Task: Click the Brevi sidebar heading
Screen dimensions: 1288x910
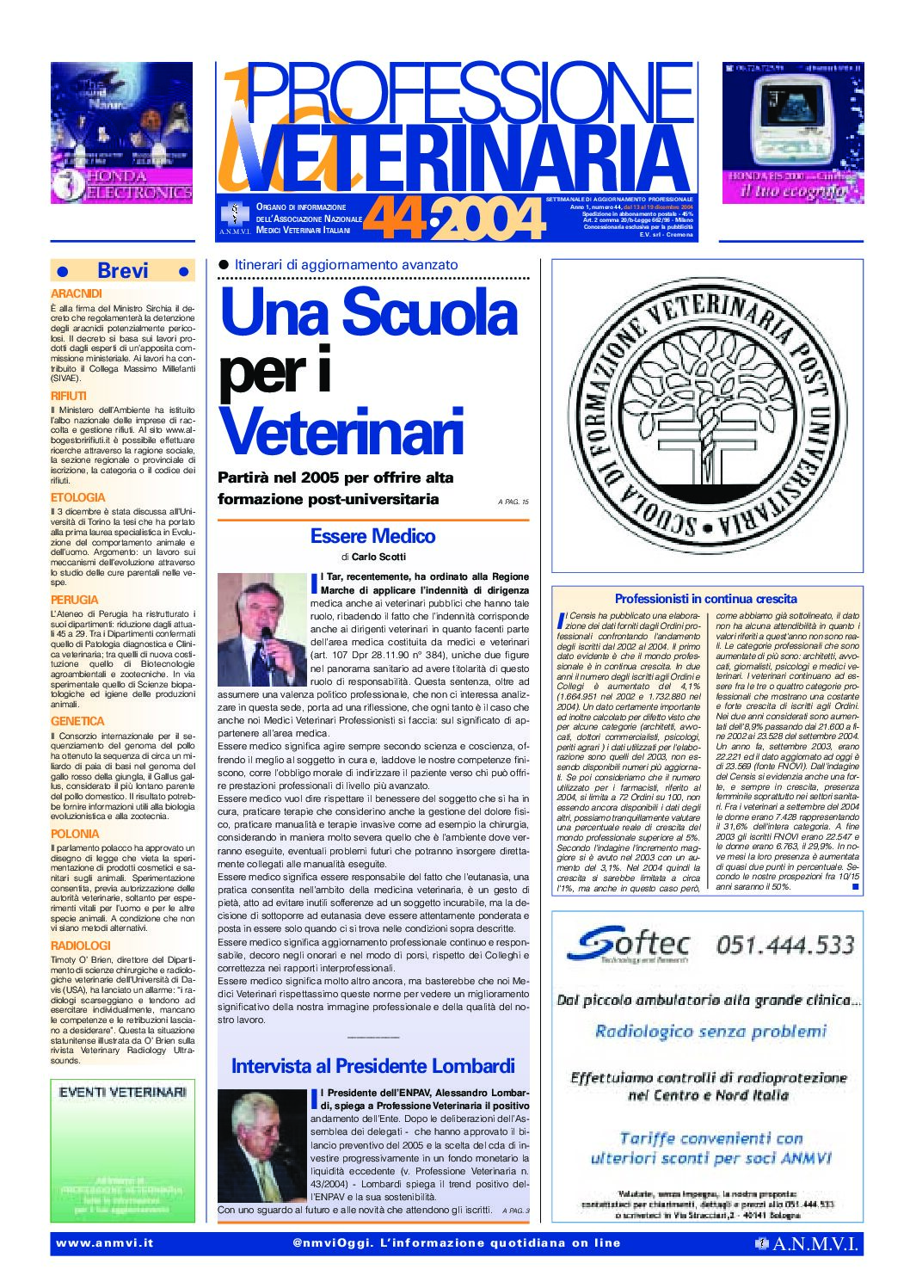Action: click(123, 271)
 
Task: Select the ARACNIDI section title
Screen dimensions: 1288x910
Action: click(76, 294)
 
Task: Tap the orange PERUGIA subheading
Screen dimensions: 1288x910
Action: click(74, 600)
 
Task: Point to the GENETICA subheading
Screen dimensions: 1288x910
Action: click(77, 721)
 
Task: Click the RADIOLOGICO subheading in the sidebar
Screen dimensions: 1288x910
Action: click(81, 945)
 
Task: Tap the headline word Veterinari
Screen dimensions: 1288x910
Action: click(341, 431)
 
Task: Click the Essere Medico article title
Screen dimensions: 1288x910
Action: click(372, 536)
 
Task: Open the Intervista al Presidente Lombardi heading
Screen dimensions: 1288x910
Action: click(372, 1066)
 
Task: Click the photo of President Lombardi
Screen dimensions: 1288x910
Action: click(261, 1146)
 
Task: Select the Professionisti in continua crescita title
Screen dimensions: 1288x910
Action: click(705, 599)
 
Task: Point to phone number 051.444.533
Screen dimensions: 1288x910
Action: click(785, 945)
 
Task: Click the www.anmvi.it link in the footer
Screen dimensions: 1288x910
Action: click(104, 1242)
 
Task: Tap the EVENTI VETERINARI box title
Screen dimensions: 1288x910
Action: click(122, 1092)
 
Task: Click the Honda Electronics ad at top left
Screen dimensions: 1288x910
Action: click(121, 132)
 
